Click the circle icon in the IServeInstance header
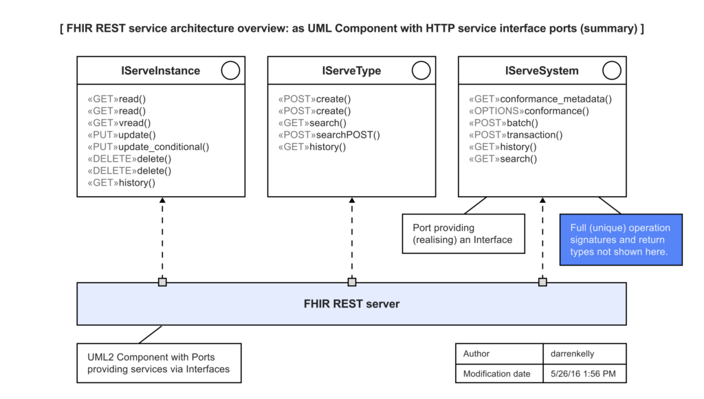tap(230, 70)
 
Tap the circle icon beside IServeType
tap(421, 70)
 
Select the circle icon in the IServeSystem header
tap(611, 70)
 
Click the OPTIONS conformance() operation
tap(529, 111)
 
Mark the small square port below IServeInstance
tap(162, 282)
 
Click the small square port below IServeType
tap(352, 282)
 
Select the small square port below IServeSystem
tap(542, 282)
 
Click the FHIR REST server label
tap(351, 303)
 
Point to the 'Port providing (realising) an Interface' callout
tap(463, 234)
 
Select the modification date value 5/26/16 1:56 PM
tap(583, 374)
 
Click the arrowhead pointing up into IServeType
tap(352, 200)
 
